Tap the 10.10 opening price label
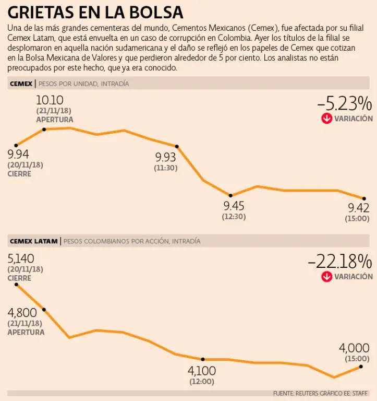(50, 100)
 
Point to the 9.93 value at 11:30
(166, 157)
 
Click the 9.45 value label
(234, 206)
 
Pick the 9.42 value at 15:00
(359, 208)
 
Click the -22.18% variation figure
(340, 261)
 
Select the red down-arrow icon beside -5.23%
(326, 119)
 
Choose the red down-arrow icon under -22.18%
(326, 276)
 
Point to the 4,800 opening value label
(22, 313)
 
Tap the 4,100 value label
(202, 371)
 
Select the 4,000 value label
(354, 348)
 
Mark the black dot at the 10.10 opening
(44, 129)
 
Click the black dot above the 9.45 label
(231, 195)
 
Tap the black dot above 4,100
(203, 359)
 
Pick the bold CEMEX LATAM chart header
(32, 241)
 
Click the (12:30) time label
(234, 217)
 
